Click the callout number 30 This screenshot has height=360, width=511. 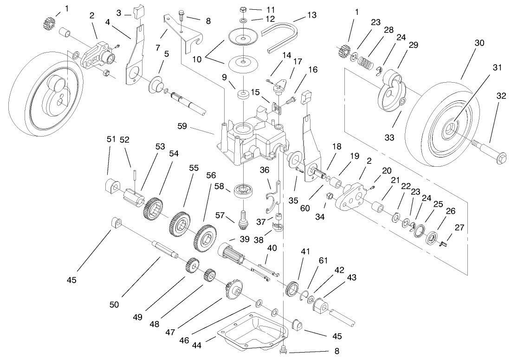[x=479, y=43]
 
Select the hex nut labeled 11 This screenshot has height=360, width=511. [x=243, y=9]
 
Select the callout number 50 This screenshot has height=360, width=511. [x=114, y=304]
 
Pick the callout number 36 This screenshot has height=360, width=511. [x=264, y=170]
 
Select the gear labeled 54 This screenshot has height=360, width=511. [x=153, y=210]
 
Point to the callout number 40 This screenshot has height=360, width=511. [x=272, y=248]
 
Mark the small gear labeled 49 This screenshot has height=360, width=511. [x=192, y=267]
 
